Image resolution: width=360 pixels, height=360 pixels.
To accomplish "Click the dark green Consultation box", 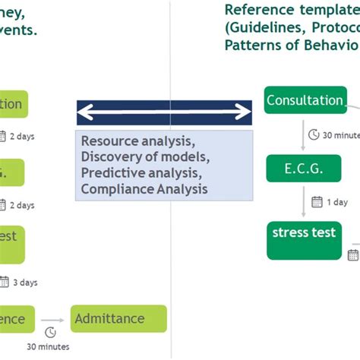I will coord(305,101).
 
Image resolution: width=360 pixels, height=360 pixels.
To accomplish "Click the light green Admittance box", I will coord(118,319).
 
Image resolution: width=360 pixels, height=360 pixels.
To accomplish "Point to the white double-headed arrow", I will coord(164,112).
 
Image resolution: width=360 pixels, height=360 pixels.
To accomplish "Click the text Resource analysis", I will coord(137,141).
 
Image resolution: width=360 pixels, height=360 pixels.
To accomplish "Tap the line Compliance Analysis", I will coord(144,189).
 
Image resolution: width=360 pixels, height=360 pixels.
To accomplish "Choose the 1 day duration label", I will coord(337,203).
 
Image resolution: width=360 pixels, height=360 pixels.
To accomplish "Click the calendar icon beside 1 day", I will coord(317,203).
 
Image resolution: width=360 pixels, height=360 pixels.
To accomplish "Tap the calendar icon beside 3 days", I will coord(4,283).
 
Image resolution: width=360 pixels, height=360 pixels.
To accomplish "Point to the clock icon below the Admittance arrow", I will coord(50,333).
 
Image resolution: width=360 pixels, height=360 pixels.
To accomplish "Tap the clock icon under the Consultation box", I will coord(314,135).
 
